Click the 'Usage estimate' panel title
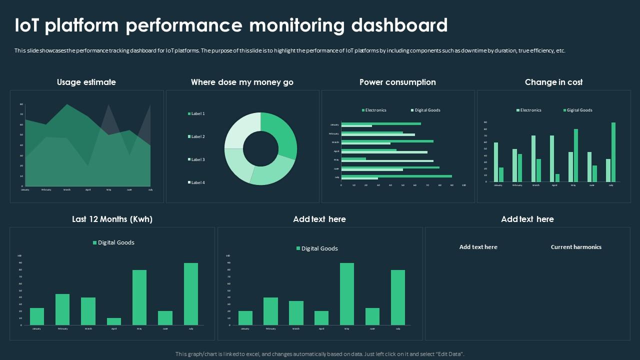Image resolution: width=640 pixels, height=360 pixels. [86, 82]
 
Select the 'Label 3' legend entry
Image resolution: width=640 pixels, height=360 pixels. [197, 159]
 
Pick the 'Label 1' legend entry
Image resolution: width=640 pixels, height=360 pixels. [197, 113]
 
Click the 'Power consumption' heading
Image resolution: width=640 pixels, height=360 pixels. [397, 82]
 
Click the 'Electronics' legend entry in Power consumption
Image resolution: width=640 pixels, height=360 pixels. [375, 110]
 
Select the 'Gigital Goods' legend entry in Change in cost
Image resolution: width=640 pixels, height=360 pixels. [579, 110]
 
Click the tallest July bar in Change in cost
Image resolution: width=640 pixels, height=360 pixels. [613, 152]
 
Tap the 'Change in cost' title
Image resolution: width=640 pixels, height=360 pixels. [553, 82]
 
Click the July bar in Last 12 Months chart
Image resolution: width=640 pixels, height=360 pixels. [191, 294]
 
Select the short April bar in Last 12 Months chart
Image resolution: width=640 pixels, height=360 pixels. [114, 321]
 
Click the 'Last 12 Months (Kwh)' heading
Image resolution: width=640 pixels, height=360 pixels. [112, 219]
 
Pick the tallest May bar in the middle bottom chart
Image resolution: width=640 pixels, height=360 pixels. [347, 294]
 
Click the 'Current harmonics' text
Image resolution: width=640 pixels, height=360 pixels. [576, 247]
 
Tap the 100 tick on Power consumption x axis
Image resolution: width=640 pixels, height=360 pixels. [464, 185]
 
